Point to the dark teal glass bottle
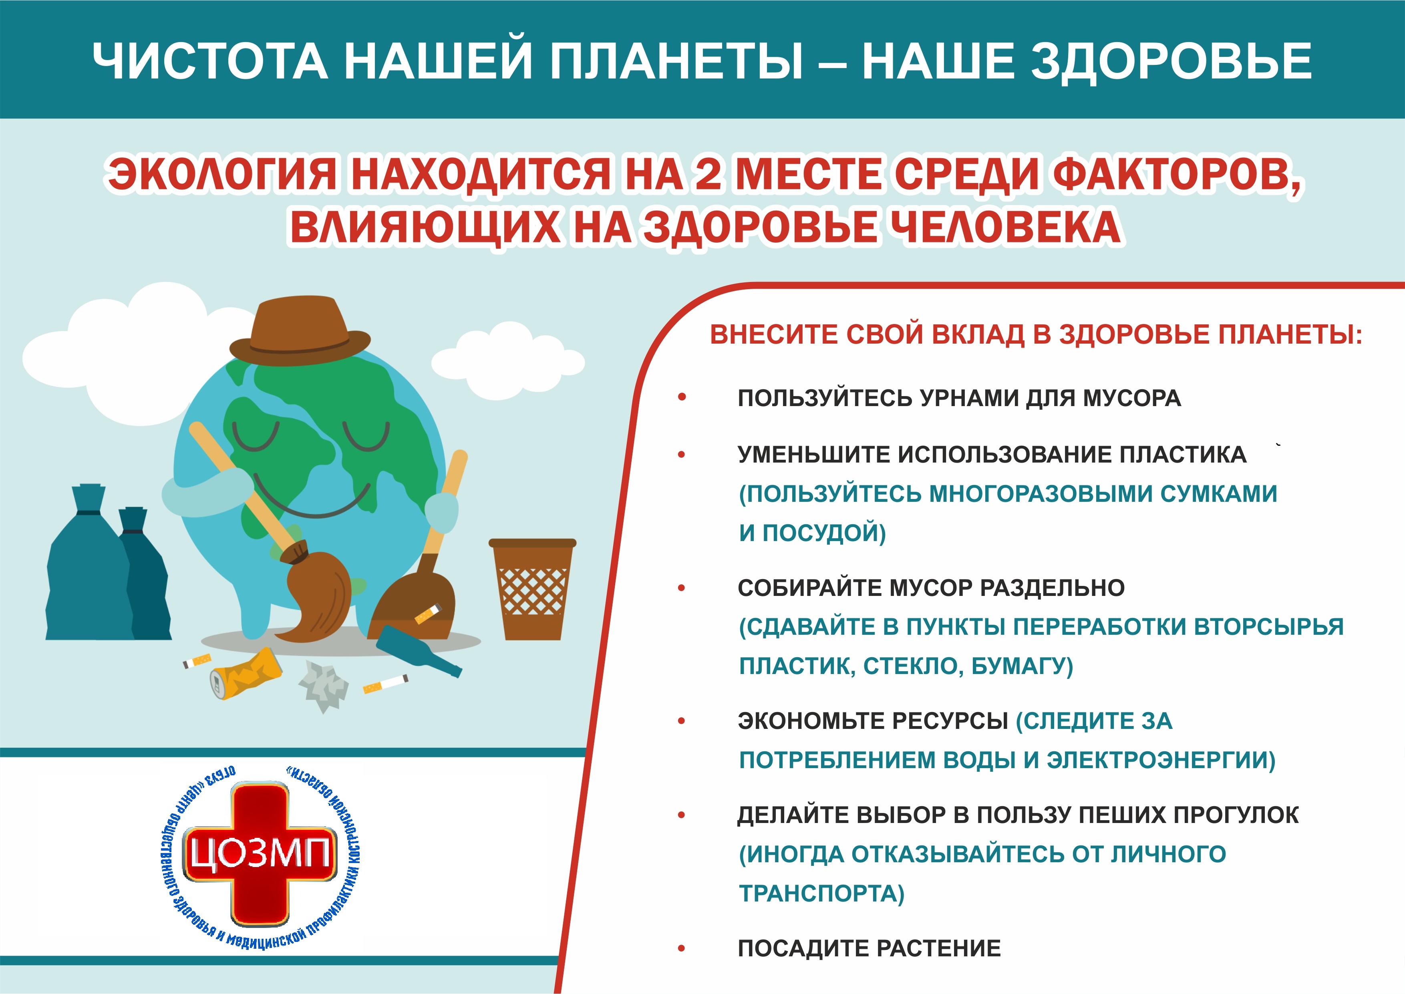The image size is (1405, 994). pyautogui.click(x=419, y=651)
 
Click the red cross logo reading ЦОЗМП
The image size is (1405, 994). pyautogui.click(x=260, y=853)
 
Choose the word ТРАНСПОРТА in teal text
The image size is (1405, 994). pyautogui.click(x=821, y=893)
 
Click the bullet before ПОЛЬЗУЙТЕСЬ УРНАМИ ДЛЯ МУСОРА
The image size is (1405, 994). pyautogui.click(x=682, y=398)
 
